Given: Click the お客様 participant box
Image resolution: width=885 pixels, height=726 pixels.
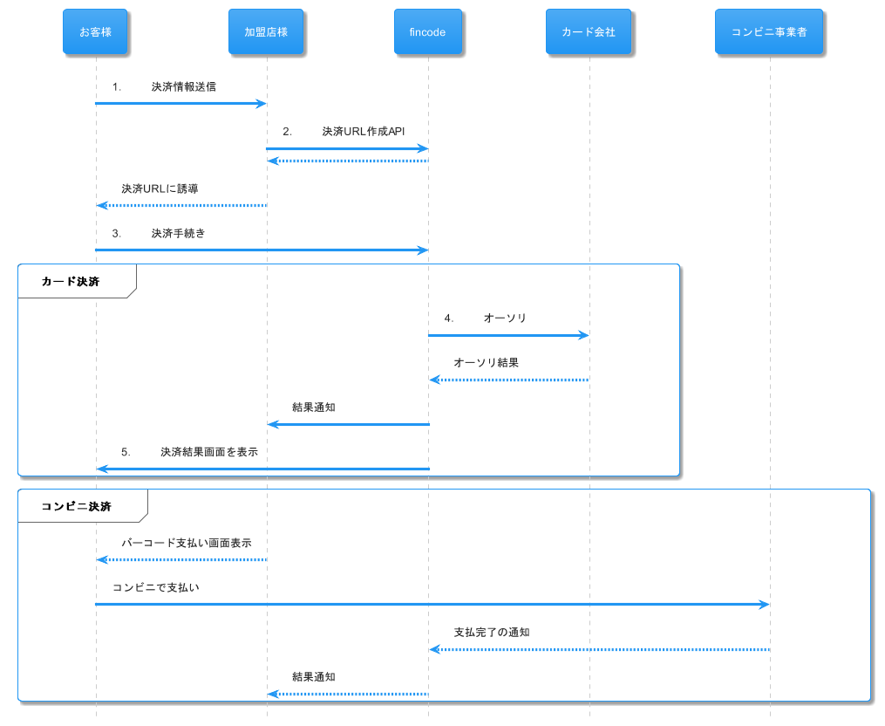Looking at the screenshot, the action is (95, 31).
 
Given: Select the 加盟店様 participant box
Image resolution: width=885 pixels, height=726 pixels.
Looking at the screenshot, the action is (266, 31).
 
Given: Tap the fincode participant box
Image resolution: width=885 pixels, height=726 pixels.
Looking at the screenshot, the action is (428, 31).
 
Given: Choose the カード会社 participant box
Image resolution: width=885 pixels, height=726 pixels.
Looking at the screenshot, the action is (589, 31).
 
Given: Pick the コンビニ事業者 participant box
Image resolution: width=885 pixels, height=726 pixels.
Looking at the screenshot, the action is (769, 31).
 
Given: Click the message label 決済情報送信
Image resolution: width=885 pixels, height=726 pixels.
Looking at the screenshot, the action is (183, 86).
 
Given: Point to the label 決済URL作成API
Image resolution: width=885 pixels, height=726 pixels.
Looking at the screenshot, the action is (364, 131).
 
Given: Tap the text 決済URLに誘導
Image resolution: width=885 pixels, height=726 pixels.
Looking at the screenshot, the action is (160, 188).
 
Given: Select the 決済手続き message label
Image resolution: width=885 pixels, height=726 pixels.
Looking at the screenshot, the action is (179, 233).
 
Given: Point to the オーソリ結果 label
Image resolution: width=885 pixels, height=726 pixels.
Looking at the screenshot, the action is (486, 362).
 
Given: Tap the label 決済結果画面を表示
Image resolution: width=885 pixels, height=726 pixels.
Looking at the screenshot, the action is (209, 451).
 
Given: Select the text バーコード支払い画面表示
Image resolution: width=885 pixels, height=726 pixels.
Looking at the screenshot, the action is (187, 543).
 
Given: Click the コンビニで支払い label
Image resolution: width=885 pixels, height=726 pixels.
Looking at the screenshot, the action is (156, 587).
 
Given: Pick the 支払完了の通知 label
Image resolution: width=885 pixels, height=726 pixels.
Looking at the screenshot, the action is (492, 632).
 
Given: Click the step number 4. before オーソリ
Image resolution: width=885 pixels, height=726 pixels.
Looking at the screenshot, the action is (449, 318).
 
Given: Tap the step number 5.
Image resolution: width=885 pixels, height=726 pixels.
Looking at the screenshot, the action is (126, 452).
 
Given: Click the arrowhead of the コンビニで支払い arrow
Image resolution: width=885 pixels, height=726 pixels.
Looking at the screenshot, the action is (765, 605).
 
